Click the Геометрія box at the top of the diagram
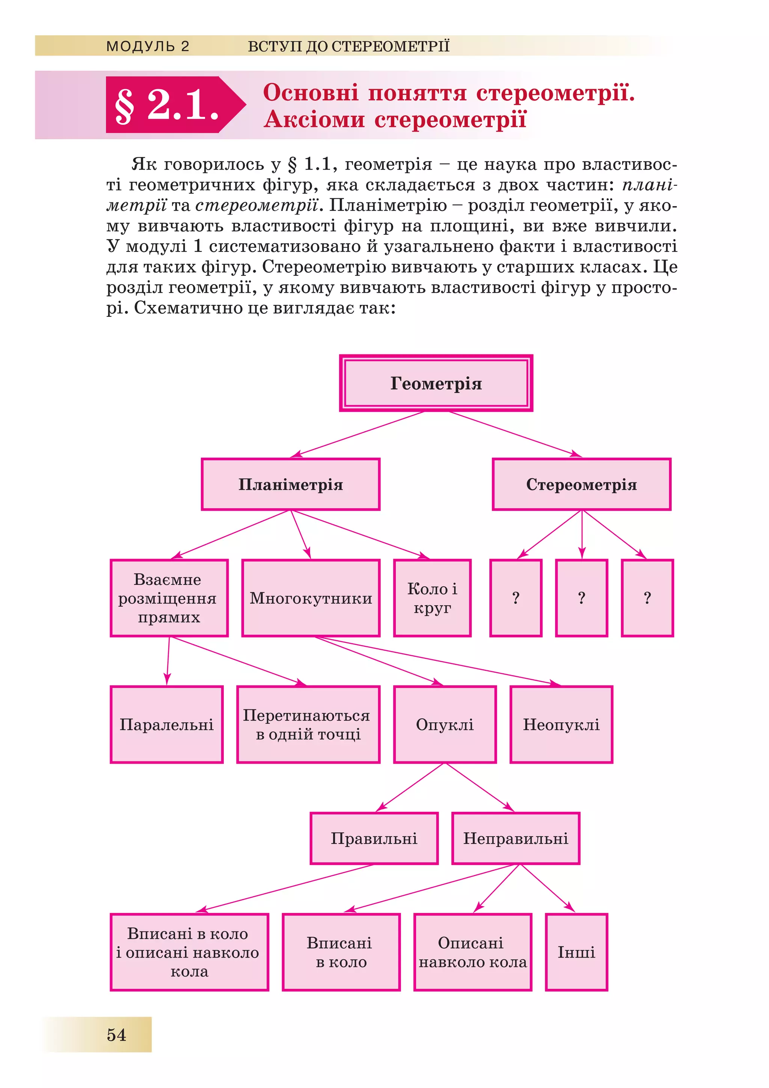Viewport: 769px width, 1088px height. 436,383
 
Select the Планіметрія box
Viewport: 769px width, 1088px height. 291,484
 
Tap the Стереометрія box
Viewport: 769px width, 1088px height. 581,484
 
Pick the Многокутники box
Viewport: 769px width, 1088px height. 311,598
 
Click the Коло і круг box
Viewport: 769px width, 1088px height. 432,598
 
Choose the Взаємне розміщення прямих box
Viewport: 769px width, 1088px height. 169,598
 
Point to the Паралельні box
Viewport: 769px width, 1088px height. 167,725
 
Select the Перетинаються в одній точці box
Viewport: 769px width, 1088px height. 308,725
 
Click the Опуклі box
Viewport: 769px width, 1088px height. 445,725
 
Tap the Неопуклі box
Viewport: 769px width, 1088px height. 561,725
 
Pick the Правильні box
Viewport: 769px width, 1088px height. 374,838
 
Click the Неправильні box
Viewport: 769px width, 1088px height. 516,838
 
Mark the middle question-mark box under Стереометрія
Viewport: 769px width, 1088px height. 581,598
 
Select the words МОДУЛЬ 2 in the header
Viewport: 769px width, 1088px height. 148,46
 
